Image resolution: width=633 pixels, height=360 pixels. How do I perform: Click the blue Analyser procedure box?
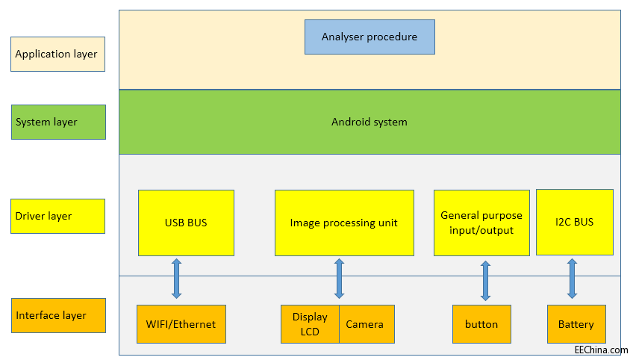click(x=369, y=37)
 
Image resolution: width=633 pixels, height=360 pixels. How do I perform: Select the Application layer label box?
click(x=57, y=54)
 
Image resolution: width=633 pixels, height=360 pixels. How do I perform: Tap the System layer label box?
click(x=57, y=122)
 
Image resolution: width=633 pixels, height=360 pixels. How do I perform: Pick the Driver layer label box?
click(x=57, y=216)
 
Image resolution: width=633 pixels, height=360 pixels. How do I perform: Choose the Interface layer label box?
click(x=57, y=315)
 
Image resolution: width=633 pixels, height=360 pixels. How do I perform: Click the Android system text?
click(x=369, y=122)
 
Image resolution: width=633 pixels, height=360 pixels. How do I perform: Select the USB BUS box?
click(x=186, y=223)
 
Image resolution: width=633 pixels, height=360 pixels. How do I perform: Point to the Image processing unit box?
click(x=344, y=223)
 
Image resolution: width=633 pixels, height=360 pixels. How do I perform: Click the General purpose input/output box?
click(x=481, y=223)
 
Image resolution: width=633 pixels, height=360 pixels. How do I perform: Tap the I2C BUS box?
click(x=575, y=222)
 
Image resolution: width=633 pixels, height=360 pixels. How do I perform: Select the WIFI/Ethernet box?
click(x=181, y=324)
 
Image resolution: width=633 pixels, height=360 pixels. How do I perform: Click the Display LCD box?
click(x=310, y=324)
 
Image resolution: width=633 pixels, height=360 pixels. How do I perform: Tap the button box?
click(x=481, y=324)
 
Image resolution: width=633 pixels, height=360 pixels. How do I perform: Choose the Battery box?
click(x=576, y=324)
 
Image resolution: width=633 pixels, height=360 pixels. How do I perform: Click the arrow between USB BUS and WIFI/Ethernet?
click(x=177, y=279)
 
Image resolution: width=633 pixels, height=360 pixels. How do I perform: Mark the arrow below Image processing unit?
click(x=339, y=279)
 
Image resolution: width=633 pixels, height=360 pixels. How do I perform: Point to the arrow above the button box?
click(x=485, y=281)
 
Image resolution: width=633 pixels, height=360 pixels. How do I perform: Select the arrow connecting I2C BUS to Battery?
click(x=572, y=279)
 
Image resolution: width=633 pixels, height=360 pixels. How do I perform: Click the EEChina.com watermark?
click(x=601, y=350)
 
